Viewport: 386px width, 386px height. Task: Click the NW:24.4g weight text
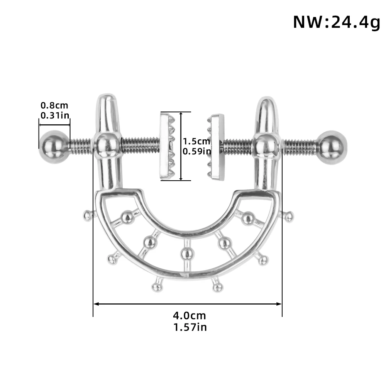(337, 22)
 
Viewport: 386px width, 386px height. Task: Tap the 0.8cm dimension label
(54, 105)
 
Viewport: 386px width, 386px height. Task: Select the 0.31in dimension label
(55, 115)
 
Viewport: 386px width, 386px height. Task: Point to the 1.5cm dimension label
(196, 141)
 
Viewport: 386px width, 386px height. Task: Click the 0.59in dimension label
(197, 151)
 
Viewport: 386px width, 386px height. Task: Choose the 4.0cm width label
(189, 315)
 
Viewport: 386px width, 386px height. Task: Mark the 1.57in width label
(190, 327)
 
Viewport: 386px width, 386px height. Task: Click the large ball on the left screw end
(54, 147)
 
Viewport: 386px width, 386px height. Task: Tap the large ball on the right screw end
(332, 147)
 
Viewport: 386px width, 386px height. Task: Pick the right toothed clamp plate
(216, 147)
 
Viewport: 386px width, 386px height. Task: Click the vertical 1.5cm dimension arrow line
(181, 146)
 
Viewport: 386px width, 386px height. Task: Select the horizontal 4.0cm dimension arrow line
(188, 304)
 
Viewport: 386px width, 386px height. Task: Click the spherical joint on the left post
(107, 146)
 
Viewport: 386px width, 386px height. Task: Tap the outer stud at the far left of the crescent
(88, 215)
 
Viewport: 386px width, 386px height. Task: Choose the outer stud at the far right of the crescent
(288, 217)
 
